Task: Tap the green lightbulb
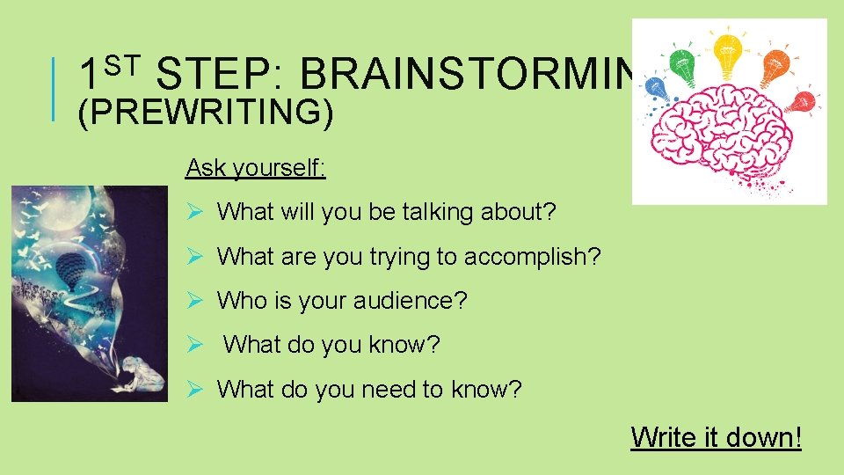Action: (x=682, y=62)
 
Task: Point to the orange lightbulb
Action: (x=774, y=63)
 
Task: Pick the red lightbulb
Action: (x=800, y=101)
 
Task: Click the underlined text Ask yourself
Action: (x=256, y=168)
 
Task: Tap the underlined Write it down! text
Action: (x=716, y=436)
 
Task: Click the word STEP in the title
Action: (x=217, y=76)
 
